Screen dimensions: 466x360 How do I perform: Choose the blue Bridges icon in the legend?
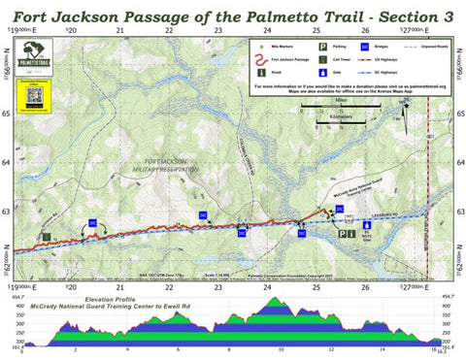coord(364,45)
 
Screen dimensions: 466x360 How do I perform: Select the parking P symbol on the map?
coord(341,232)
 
